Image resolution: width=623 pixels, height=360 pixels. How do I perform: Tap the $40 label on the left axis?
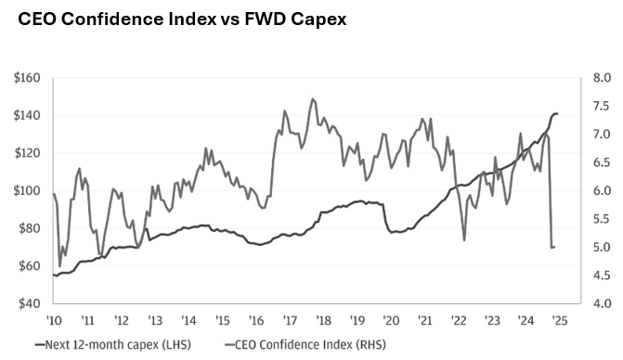coord(28,303)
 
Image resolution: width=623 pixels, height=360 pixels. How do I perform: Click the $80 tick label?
coord(28,228)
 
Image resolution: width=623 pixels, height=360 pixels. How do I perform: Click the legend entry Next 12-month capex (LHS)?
coord(111,344)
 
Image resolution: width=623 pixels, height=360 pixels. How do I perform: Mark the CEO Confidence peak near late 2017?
coord(313,99)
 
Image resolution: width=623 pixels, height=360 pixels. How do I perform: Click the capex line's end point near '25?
coord(557,113)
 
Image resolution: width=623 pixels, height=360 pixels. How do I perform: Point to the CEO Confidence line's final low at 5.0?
coord(553,247)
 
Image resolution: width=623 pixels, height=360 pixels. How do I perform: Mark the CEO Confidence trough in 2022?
coord(464,240)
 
